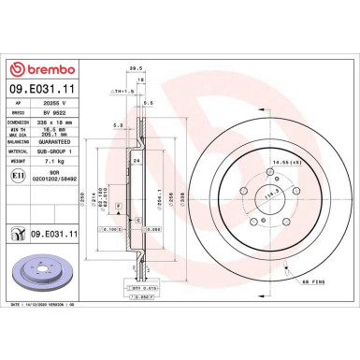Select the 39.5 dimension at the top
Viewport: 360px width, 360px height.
pyautogui.click(x=134, y=68)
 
